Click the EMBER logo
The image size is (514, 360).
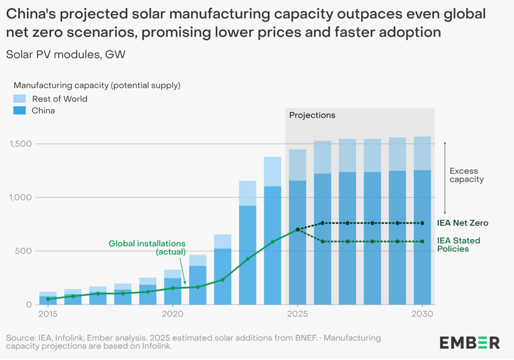(470, 343)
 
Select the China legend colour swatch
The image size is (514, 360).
(20, 110)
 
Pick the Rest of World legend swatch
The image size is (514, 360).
(20, 99)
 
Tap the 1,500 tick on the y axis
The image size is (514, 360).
(20, 144)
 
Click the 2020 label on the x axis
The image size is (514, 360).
(173, 314)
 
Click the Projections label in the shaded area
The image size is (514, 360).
(312, 115)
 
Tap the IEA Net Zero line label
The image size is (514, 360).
(462, 223)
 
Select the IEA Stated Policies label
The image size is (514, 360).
(459, 245)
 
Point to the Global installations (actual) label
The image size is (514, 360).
(147, 248)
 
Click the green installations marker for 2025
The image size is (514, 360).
(298, 230)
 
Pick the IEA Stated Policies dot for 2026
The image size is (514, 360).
(323, 242)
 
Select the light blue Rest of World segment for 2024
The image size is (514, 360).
(273, 172)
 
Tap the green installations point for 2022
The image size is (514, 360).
(223, 280)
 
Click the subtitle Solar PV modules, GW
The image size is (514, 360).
(66, 55)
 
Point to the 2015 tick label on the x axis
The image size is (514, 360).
(48, 314)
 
